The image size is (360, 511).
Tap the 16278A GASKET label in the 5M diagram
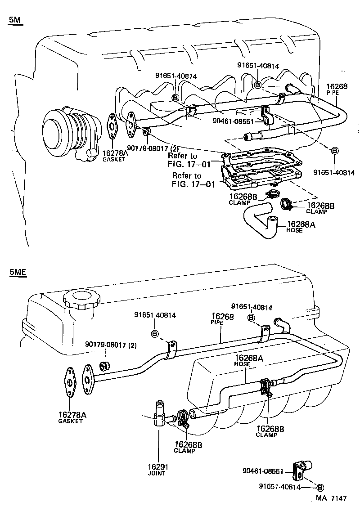(x=115, y=156)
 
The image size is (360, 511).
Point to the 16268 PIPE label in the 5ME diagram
(x=222, y=319)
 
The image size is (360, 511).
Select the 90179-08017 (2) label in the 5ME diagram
(x=111, y=345)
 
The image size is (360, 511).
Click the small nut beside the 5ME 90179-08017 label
(x=104, y=364)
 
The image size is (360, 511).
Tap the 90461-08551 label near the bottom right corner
(x=263, y=471)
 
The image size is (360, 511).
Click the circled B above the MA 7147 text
(x=320, y=487)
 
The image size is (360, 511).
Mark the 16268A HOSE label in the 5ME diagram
(x=246, y=360)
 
